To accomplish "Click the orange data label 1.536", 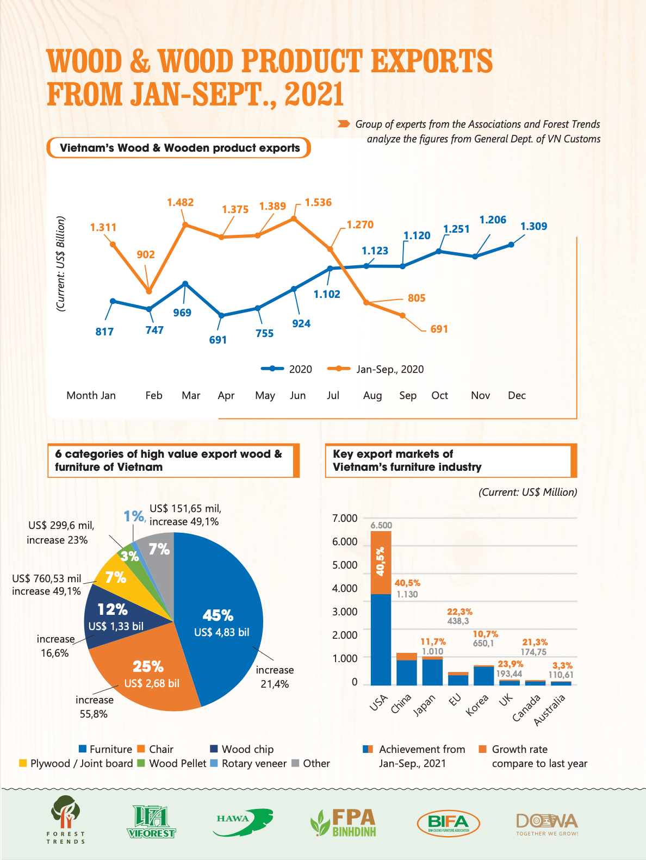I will pyautogui.click(x=318, y=202).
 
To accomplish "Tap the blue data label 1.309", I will pyautogui.click(x=533, y=226).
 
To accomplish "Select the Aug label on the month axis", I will pyautogui.click(x=372, y=395).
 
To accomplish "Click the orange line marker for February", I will pyautogui.click(x=149, y=291).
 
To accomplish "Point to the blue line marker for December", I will pyautogui.click(x=511, y=245).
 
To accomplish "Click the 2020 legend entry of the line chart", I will pyautogui.click(x=287, y=369).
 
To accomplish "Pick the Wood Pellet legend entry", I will pyautogui.click(x=172, y=763).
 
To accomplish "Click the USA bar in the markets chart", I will pyautogui.click(x=381, y=625).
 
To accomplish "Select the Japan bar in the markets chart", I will pyautogui.click(x=432, y=671).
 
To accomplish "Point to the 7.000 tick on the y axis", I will pyautogui.click(x=345, y=518).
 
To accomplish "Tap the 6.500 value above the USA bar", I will pyautogui.click(x=381, y=525).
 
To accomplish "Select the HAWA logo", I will pyautogui.click(x=244, y=821).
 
